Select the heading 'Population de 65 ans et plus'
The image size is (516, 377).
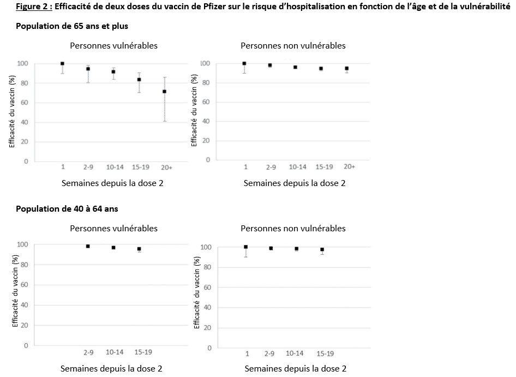(x=72, y=26)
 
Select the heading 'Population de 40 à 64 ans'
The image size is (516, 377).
(x=67, y=208)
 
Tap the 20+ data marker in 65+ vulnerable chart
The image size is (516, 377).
(x=165, y=92)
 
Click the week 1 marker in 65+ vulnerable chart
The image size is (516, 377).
(x=62, y=64)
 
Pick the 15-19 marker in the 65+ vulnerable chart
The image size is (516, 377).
(x=139, y=80)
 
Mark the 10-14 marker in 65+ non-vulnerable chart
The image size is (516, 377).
(x=295, y=67)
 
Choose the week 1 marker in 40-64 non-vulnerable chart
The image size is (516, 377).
(x=245, y=247)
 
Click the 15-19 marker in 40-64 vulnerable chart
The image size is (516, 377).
(x=139, y=249)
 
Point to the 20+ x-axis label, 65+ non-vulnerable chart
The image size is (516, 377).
(x=349, y=166)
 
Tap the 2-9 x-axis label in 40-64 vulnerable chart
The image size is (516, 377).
(x=89, y=352)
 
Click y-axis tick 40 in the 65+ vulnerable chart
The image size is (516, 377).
(x=25, y=122)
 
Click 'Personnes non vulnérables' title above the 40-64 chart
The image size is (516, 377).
(x=293, y=228)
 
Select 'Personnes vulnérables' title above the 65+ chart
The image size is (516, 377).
(x=113, y=46)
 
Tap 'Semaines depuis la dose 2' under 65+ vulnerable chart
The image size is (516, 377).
(x=112, y=183)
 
